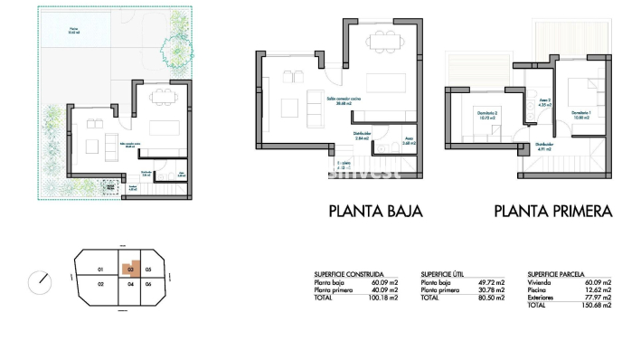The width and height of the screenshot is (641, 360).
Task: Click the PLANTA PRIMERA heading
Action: (x=553, y=212)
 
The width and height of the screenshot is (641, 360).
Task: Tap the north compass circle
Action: (x=40, y=282)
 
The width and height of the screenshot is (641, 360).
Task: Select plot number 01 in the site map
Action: (x=101, y=270)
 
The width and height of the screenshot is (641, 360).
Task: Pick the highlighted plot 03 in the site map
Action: (x=131, y=269)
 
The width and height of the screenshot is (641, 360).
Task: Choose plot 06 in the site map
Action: (x=148, y=284)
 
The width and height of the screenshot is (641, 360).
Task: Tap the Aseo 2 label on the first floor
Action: (x=544, y=102)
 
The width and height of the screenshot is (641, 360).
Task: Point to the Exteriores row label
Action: (x=543, y=296)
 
